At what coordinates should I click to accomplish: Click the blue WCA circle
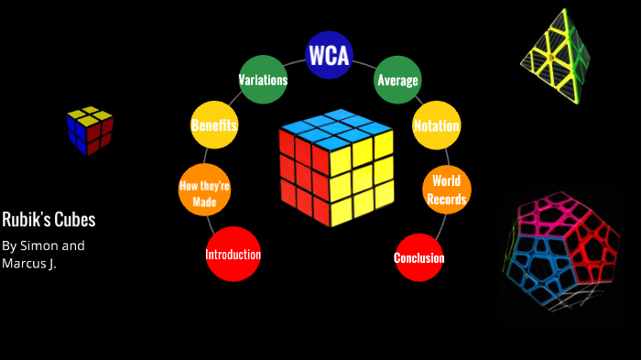[329, 56]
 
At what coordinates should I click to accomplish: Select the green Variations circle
[263, 80]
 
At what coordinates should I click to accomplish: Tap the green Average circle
[397, 80]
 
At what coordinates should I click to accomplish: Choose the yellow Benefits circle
[214, 125]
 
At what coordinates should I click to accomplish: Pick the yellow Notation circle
[436, 125]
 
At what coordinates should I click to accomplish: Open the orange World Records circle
[446, 191]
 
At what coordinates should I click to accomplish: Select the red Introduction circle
[234, 254]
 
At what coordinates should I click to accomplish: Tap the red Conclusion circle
[419, 257]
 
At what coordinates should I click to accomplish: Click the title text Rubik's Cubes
[49, 220]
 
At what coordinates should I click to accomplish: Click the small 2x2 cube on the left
[89, 130]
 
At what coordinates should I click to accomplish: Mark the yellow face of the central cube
[362, 179]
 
